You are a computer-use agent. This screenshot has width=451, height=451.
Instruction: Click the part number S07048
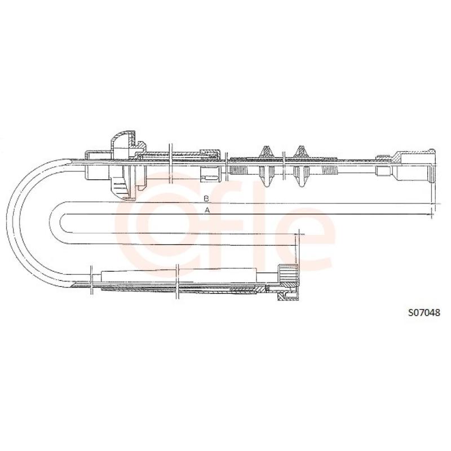[425, 312]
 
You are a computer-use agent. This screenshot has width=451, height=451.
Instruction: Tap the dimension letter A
[207, 210]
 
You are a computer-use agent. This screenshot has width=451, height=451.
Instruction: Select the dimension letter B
[206, 198]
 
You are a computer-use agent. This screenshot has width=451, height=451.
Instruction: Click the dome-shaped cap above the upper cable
[122, 139]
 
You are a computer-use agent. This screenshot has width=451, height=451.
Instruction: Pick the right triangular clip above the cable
[300, 152]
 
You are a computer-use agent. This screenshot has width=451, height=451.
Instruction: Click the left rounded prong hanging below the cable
[266, 176]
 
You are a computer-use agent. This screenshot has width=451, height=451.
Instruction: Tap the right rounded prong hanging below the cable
[300, 176]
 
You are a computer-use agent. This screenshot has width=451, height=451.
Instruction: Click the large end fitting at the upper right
[415, 166]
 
